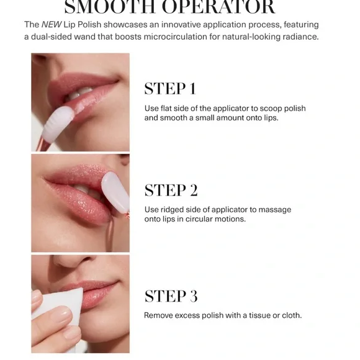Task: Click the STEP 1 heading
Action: [x=170, y=89]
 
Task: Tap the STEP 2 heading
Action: [x=171, y=190]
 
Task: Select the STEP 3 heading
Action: [x=171, y=295]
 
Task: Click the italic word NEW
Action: [x=52, y=25]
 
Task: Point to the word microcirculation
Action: [x=175, y=37]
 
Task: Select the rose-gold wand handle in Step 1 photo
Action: [x=43, y=145]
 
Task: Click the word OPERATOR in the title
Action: [x=218, y=7]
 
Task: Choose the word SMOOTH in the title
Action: [x=110, y=7]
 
